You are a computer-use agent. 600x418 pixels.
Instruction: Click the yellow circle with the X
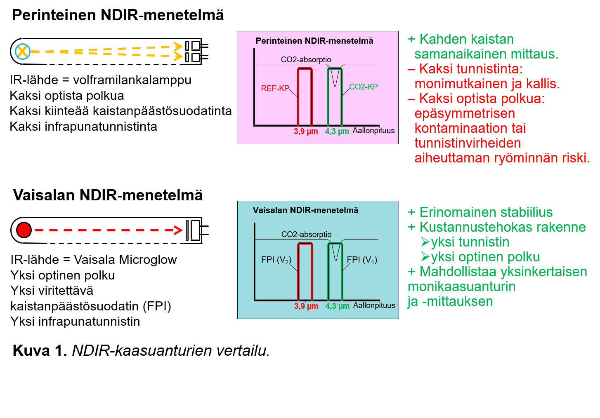pos(23,52)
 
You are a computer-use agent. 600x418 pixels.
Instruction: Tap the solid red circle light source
pos(24,230)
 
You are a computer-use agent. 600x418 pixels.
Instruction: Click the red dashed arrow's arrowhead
pos(178,230)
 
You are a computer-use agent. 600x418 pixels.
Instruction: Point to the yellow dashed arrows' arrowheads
pos(178,52)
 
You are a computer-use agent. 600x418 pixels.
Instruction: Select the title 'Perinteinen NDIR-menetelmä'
pos(314,41)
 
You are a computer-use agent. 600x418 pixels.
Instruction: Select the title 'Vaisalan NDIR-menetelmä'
pos(305,210)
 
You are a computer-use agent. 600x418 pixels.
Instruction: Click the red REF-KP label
pos(275,88)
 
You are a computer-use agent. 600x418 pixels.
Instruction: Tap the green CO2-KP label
pos(364,87)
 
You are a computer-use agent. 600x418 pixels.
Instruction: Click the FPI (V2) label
pos(276,260)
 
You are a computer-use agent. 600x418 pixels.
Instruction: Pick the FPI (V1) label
pos(362,260)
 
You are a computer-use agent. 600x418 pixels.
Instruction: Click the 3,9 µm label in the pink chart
pos(306,132)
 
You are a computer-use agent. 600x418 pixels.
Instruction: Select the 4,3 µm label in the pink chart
pos(337,132)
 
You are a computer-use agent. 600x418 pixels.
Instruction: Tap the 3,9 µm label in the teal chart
pos(306,306)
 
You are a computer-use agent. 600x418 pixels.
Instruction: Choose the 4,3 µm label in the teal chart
pos(338,306)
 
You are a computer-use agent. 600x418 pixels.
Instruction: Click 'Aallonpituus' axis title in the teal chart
pos(374,305)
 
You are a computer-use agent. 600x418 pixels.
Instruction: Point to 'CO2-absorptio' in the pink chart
pos(306,60)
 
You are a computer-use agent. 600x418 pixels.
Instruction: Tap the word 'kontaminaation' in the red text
pos(470,128)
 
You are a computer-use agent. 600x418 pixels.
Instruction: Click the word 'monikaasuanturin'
pos(462,286)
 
